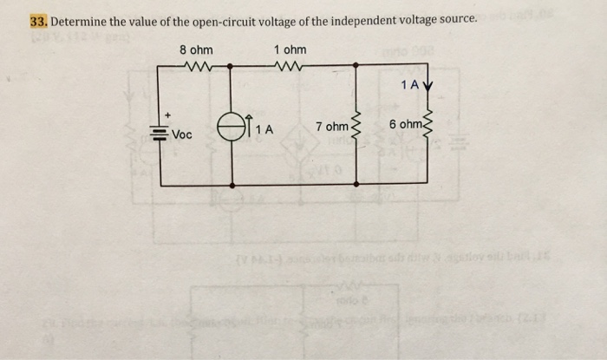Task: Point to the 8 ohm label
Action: (x=196, y=49)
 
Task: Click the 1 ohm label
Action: (x=290, y=49)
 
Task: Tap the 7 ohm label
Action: (x=331, y=128)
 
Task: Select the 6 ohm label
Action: (x=406, y=126)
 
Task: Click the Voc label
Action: (x=182, y=134)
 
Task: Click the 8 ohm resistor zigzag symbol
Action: (x=197, y=64)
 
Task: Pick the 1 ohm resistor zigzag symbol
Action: (x=286, y=64)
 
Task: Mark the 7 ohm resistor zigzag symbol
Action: (x=354, y=130)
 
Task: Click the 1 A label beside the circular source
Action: (x=263, y=129)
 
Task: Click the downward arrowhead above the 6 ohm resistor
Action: (x=426, y=87)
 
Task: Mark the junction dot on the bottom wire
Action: (x=232, y=185)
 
